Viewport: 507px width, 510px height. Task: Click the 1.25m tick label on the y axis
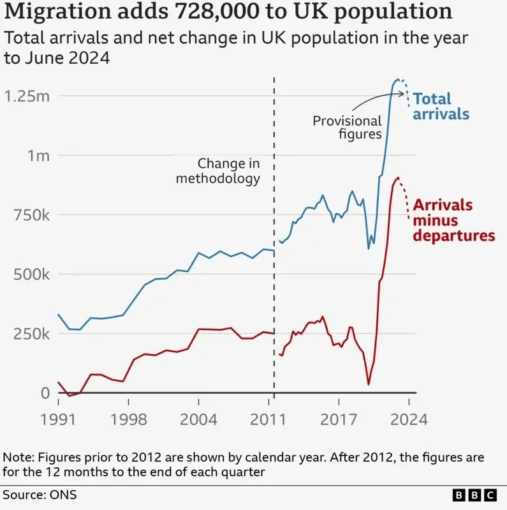point(26,96)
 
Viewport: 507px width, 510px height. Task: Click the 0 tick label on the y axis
point(45,393)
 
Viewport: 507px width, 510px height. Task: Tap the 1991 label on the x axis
point(59,421)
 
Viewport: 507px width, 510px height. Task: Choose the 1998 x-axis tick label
point(128,421)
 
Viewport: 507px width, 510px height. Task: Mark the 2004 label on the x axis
point(198,421)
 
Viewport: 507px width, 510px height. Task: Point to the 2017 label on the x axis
point(338,421)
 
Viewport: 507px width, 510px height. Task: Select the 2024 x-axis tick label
point(408,421)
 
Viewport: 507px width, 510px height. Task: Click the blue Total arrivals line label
point(441,107)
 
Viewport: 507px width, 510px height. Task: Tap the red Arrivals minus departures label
point(453,220)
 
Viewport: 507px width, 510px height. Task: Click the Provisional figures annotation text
point(347,127)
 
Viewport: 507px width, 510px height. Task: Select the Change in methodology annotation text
point(218,171)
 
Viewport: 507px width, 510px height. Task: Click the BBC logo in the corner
point(474,495)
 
